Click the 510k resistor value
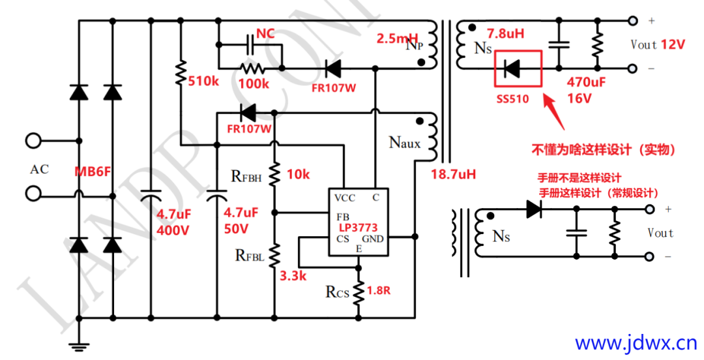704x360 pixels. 205,82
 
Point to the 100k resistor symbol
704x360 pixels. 250,68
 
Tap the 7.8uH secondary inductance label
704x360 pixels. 506,33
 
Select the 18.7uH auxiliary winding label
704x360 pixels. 453,174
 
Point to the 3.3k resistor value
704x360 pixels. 293,276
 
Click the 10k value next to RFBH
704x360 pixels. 298,174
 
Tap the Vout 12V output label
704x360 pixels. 658,44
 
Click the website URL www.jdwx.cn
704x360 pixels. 636,342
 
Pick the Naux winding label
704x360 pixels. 405,142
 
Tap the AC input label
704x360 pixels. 39,170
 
